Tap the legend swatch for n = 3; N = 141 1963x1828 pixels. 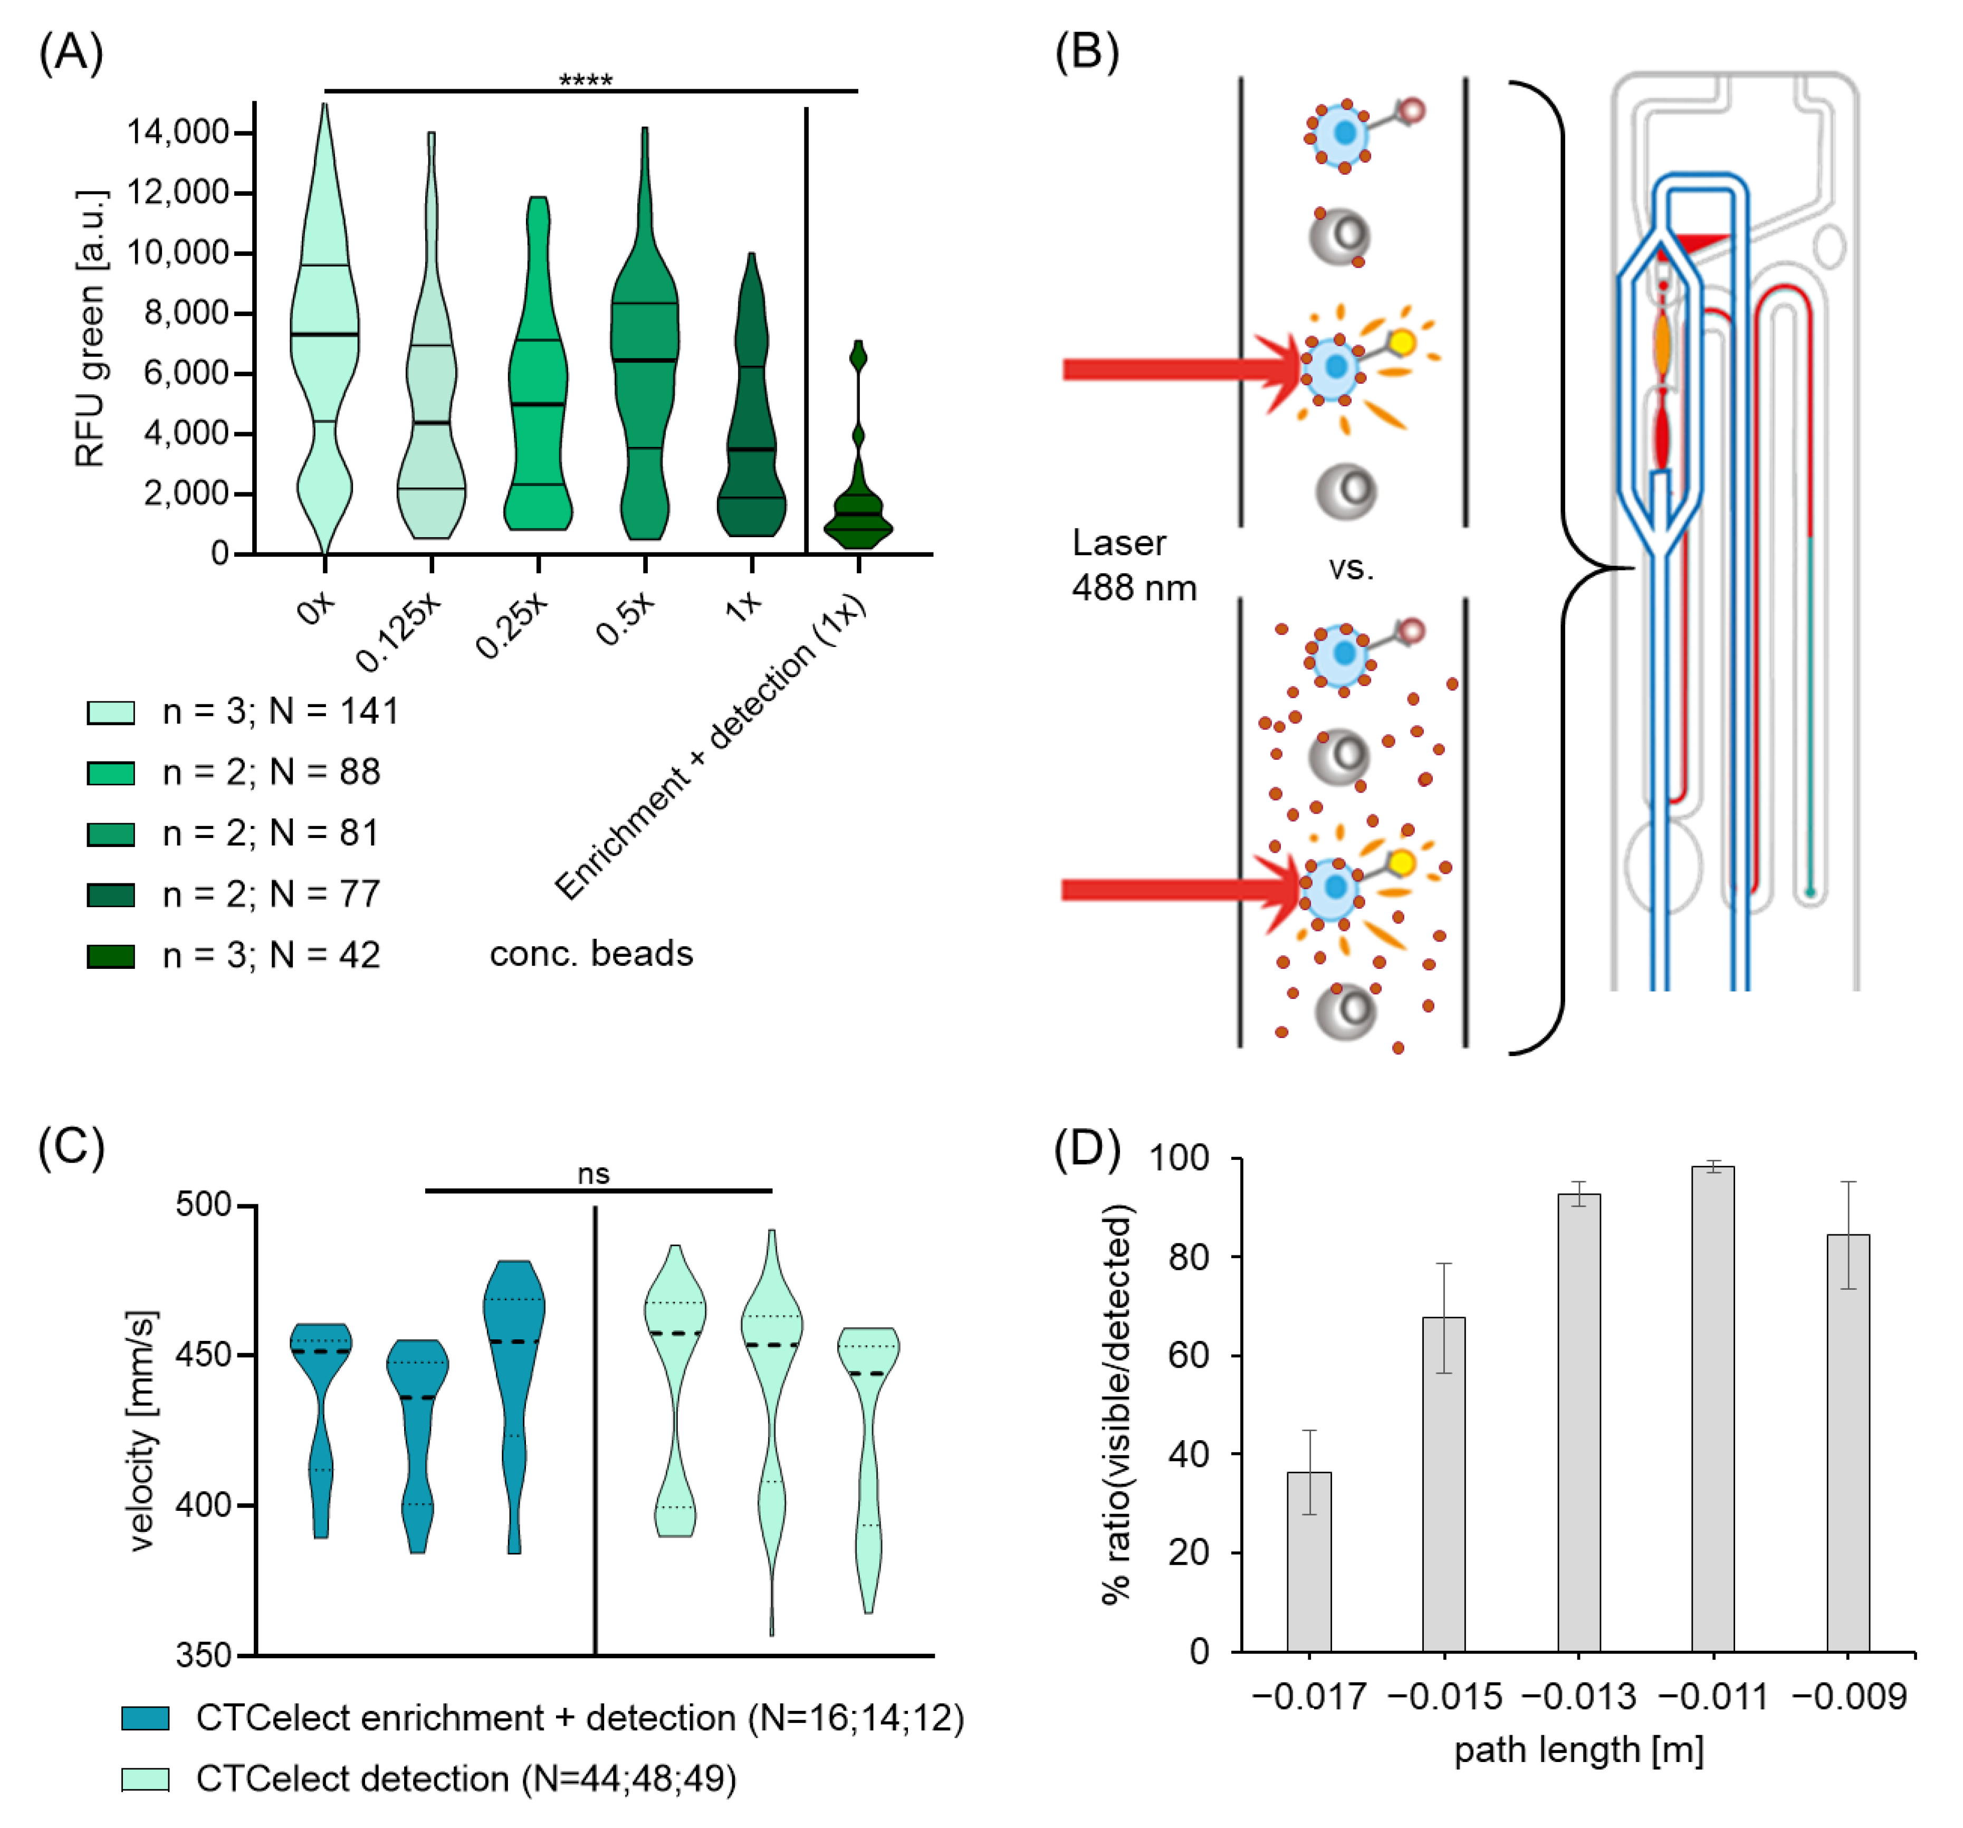point(111,712)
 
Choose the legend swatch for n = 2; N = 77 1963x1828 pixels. point(111,895)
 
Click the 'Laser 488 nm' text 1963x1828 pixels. point(1134,565)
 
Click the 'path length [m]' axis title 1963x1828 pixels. point(1578,1750)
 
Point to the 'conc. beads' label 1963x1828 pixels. point(591,954)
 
